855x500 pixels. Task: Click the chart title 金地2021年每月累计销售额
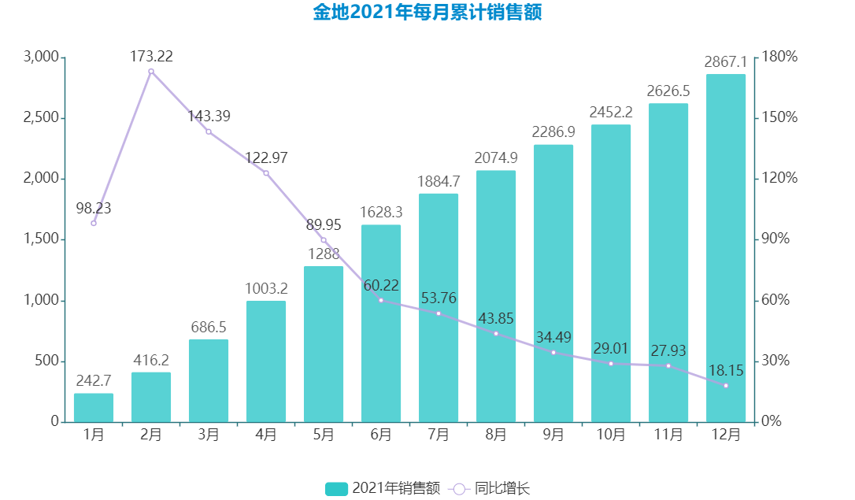[x=427, y=13]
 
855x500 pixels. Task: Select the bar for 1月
[x=94, y=407]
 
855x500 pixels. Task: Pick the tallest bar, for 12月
[x=726, y=248]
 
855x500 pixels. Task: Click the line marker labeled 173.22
[x=151, y=72]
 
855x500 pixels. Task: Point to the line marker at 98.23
[x=94, y=223]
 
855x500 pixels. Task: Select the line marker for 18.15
[x=726, y=385]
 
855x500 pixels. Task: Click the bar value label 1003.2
[x=266, y=288]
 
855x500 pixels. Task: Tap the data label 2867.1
[x=725, y=61]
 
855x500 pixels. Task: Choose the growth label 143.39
[x=209, y=116]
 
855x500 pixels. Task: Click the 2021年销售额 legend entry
[x=383, y=488]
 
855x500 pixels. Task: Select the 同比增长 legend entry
[x=490, y=488]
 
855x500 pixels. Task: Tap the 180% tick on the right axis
[x=780, y=57]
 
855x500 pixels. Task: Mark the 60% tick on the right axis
[x=778, y=300]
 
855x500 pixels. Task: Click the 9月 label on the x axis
[x=553, y=434]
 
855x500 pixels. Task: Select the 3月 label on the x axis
[x=209, y=434]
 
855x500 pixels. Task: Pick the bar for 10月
[x=611, y=273]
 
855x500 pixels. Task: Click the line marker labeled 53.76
[x=439, y=313]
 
